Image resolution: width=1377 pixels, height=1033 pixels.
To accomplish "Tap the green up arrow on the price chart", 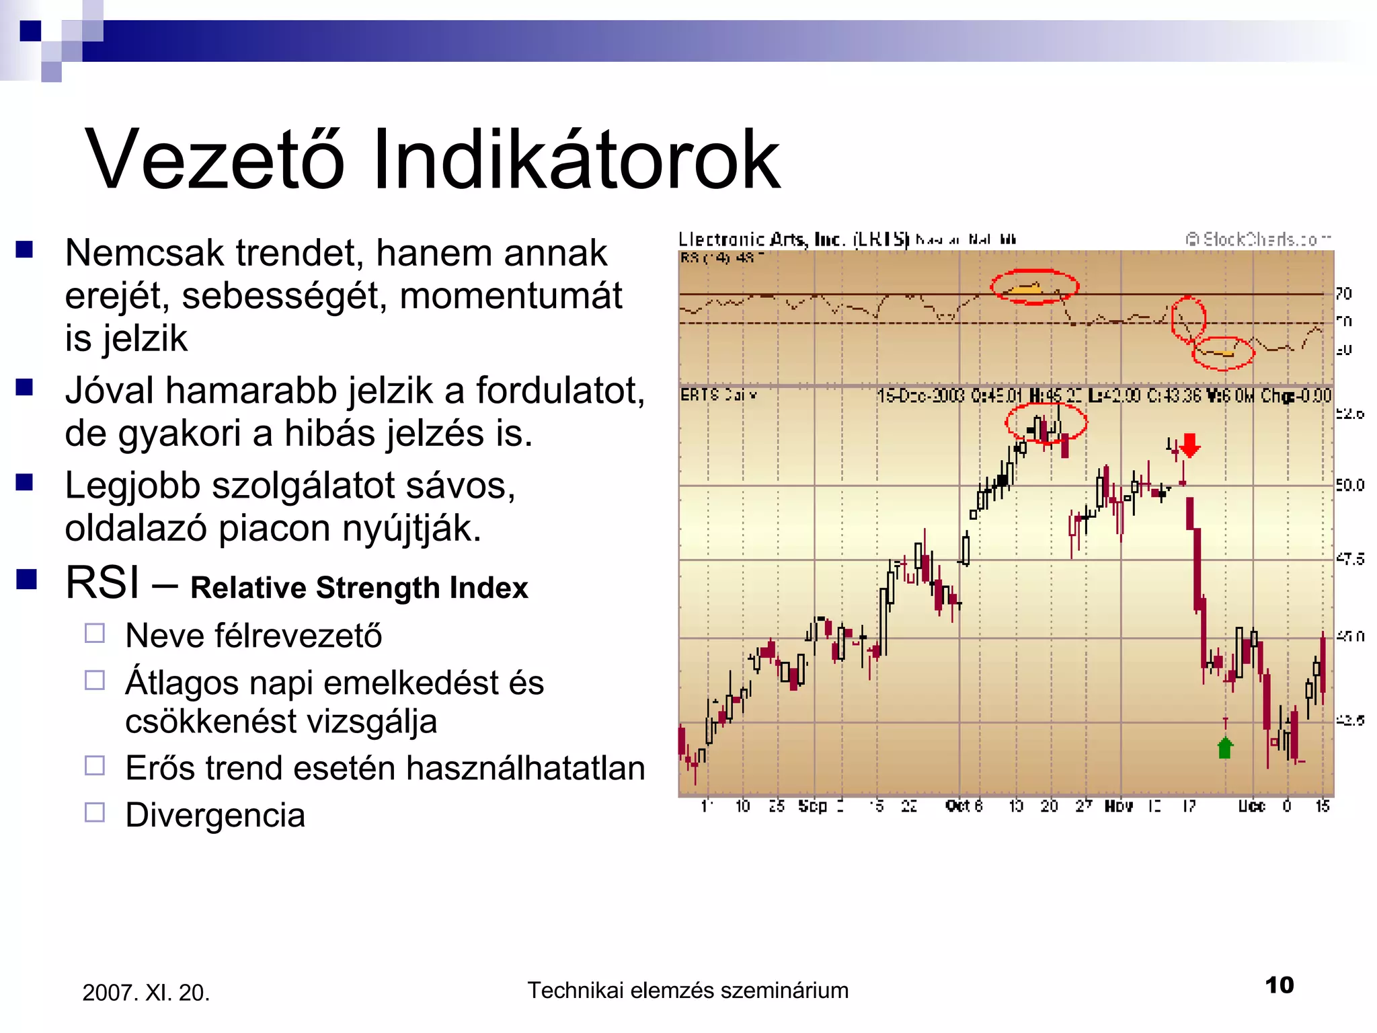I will coord(1225,747).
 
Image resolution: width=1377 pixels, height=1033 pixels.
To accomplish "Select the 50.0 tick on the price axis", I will coord(1349,485).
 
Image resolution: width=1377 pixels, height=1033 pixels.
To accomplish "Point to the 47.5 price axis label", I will coord(1349,559).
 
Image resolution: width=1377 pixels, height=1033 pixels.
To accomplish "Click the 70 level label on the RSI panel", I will coord(1343,293).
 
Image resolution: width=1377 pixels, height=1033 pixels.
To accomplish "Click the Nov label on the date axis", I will coord(1119,806).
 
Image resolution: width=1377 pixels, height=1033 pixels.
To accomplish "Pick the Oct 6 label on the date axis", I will coord(963,806).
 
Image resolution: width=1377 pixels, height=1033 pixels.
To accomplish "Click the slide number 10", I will coord(1279,985).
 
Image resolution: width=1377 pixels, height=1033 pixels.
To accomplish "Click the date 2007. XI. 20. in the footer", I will coord(146,993).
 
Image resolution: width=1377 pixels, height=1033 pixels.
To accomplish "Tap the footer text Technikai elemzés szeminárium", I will coord(687,991).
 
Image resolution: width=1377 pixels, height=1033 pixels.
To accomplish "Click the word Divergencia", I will coord(215,815).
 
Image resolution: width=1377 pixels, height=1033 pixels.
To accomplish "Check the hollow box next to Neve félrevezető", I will coord(95,634).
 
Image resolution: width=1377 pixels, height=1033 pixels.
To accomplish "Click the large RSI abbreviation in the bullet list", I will coord(102,582).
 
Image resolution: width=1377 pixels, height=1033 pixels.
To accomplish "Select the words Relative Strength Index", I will coord(359,588).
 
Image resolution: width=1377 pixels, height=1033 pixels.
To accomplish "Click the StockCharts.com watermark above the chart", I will coord(1257,239).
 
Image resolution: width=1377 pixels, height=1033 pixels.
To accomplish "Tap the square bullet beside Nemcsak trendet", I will coord(25,250).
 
